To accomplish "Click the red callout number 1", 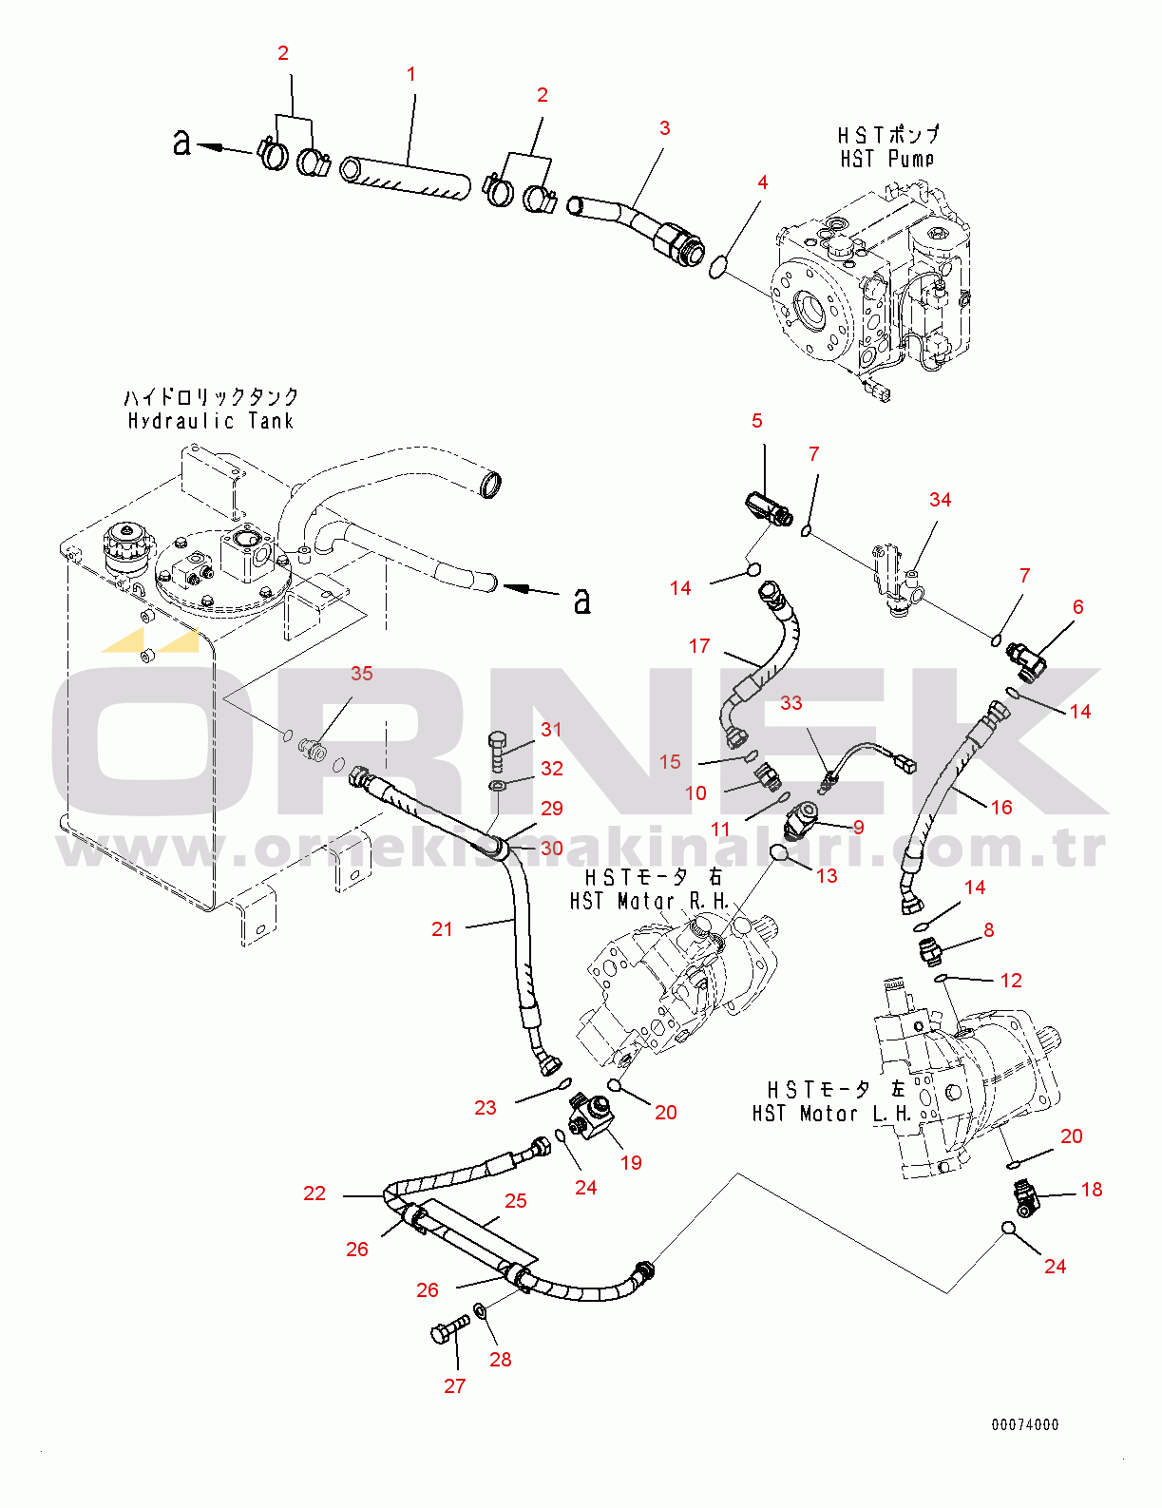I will coord(411,74).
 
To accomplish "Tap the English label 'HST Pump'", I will coord(886,159).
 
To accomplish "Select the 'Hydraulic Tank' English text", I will coord(211,421).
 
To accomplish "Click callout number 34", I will coord(940,500).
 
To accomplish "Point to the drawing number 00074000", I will coord(1024,1424).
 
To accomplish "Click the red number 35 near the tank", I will coord(361,674).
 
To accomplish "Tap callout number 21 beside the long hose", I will coord(442,929).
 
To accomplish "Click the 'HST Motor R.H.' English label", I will coord(649,901).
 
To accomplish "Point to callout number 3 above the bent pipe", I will coord(664,128).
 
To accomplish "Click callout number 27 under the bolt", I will coord(454,1386).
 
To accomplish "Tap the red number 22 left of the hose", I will coord(314,1193).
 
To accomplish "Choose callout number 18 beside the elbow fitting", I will coord(1092,1190).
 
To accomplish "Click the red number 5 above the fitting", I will coord(756,421).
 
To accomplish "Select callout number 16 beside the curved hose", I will coord(1001,808).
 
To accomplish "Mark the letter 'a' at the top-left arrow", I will coord(181,143).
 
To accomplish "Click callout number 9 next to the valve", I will coord(858,828).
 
